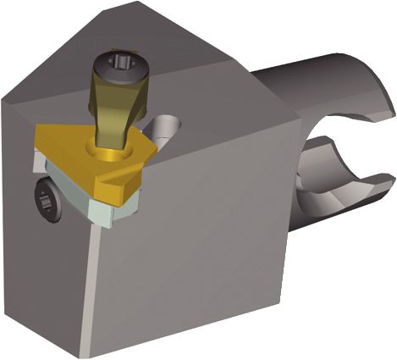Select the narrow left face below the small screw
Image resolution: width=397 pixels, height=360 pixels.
(x=47, y=271)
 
